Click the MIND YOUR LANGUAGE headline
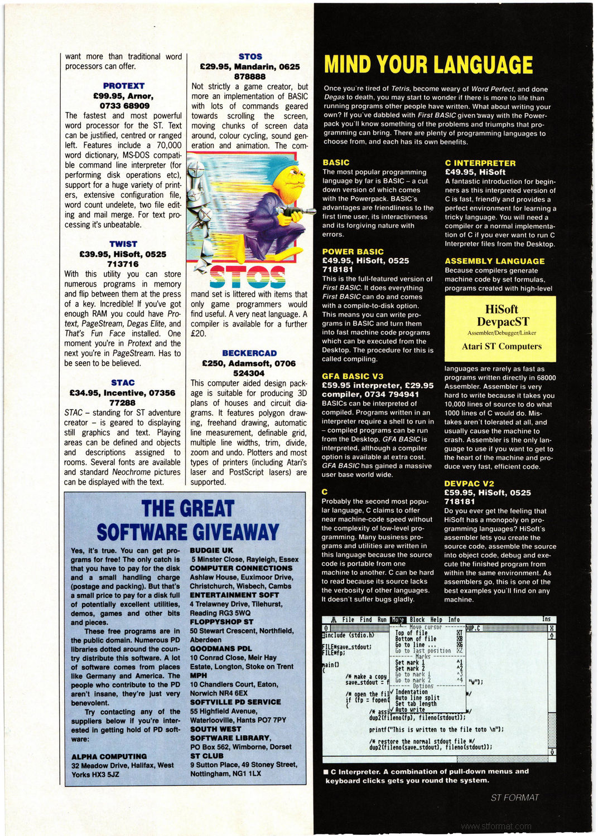pyautogui.click(x=428, y=65)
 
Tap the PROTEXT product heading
pyautogui.click(x=124, y=86)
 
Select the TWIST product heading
pyautogui.click(x=123, y=244)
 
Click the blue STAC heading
pyautogui.click(x=123, y=383)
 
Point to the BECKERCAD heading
pyautogui.click(x=249, y=353)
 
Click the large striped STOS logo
pyautogui.click(x=248, y=277)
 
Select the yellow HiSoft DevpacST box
pyautogui.click(x=500, y=329)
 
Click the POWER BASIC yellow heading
pyautogui.click(x=353, y=252)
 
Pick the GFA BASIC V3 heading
pyautogui.click(x=353, y=376)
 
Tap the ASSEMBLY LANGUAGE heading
pyautogui.click(x=494, y=261)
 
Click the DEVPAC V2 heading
pyautogui.click(x=469, y=484)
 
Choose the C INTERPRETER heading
pyautogui.click(x=480, y=163)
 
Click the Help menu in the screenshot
pyautogui.click(x=436, y=620)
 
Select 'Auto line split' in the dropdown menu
pyautogui.click(x=417, y=698)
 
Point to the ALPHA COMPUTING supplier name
pyautogui.click(x=109, y=757)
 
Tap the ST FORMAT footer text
pyautogui.click(x=514, y=798)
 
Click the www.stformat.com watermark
pyautogui.click(x=496, y=827)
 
